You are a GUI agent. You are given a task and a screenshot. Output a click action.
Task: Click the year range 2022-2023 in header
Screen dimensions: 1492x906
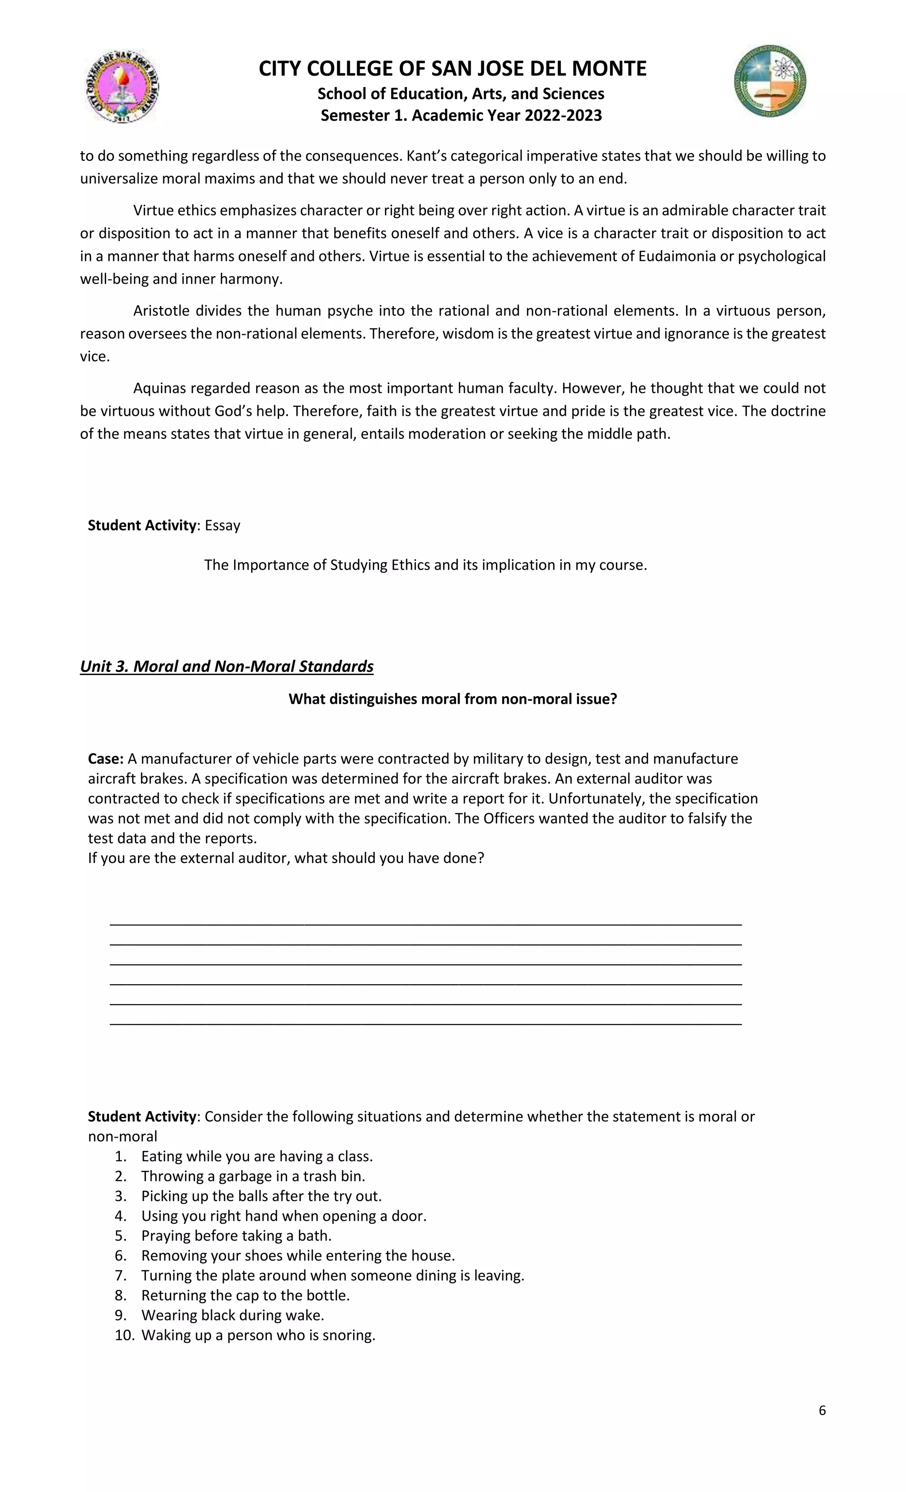click(x=563, y=115)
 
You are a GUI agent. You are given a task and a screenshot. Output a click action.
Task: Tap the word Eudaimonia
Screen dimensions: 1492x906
click(x=677, y=256)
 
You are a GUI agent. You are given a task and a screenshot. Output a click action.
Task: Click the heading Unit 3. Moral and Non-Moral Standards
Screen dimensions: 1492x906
click(x=226, y=667)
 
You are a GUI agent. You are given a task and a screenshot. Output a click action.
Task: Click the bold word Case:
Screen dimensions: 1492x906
click(x=106, y=759)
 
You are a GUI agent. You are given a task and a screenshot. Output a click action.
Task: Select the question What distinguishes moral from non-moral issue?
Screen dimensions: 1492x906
click(x=453, y=699)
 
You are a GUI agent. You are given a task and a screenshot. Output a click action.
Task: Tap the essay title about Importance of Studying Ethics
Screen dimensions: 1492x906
click(x=425, y=565)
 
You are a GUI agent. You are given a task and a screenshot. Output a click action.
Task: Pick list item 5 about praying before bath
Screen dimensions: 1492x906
click(x=236, y=1236)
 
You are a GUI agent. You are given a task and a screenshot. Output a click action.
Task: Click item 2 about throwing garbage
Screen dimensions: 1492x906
click(x=253, y=1176)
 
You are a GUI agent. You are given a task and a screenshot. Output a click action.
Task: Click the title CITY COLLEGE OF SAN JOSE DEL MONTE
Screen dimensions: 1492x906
click(x=453, y=69)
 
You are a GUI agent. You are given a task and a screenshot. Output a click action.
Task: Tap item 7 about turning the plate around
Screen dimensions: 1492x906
click(x=333, y=1276)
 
